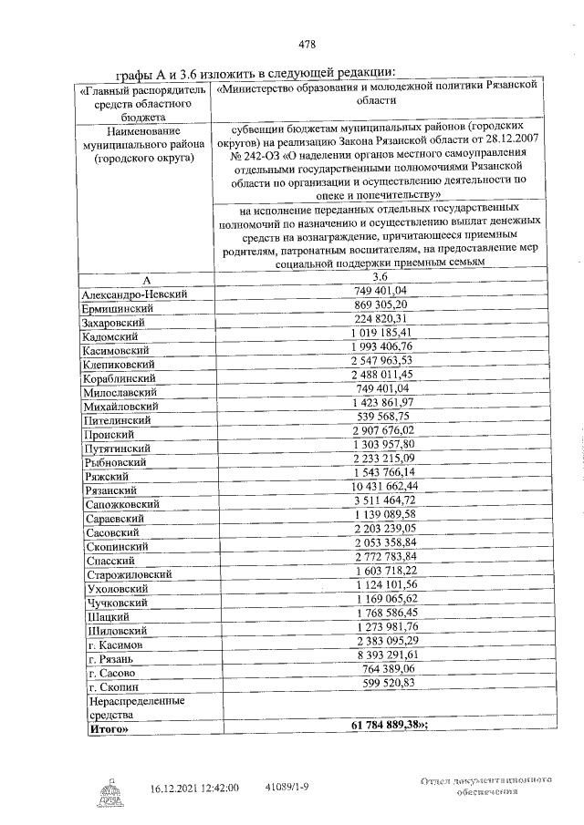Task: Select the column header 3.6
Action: tap(380, 276)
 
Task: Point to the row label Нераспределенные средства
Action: tap(134, 708)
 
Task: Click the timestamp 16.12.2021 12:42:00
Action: tap(195, 786)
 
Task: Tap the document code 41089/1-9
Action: tap(289, 786)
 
